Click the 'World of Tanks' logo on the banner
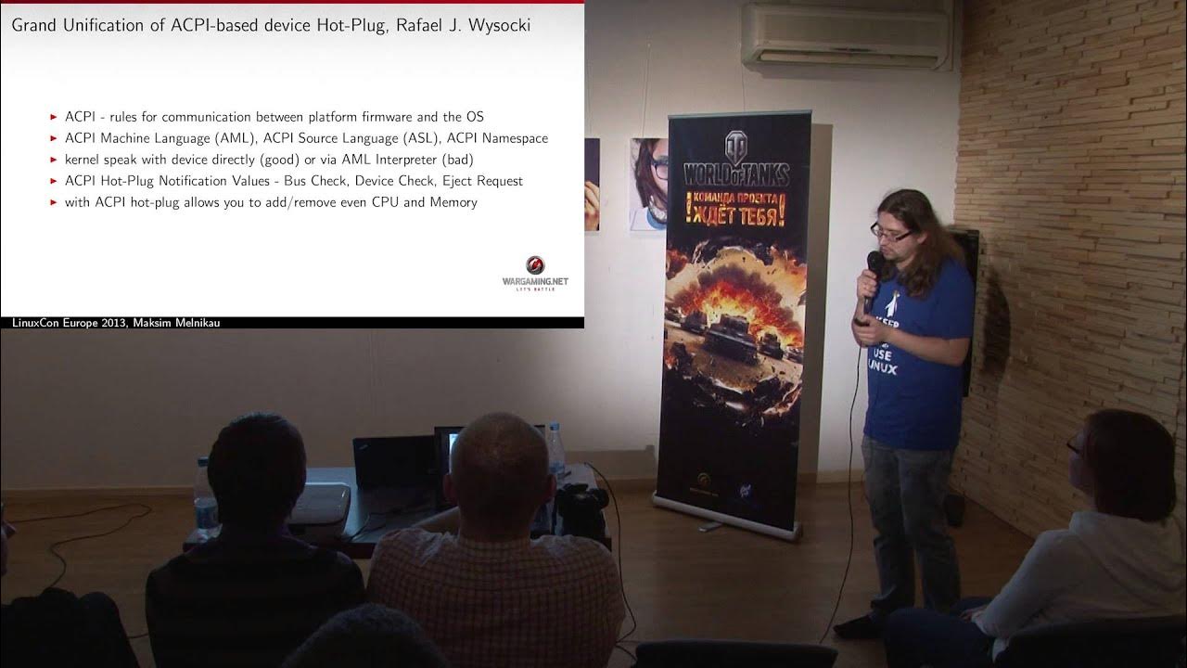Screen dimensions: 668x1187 tap(737, 163)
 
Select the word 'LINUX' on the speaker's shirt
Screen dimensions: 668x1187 tap(884, 368)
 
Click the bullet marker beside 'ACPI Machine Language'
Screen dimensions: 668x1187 tap(54, 138)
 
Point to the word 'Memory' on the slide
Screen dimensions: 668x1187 tap(453, 202)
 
